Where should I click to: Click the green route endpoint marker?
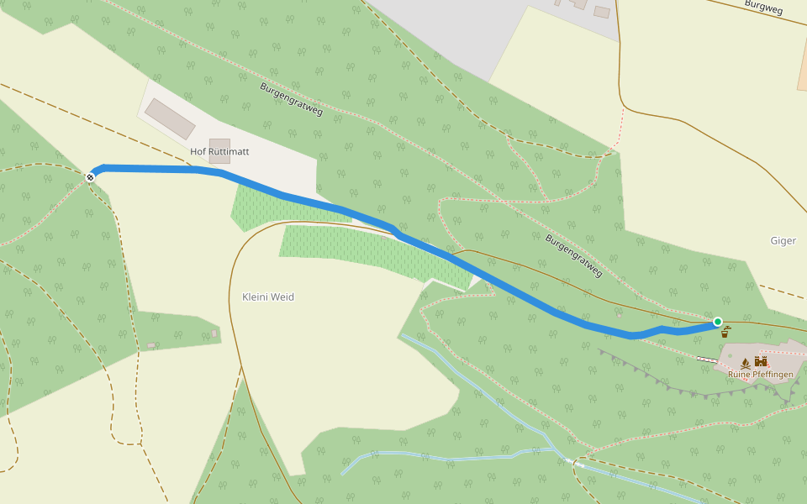pos(718,322)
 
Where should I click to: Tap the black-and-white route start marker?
pos(91,177)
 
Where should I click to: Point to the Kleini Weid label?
pos(268,297)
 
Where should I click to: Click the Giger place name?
pos(783,241)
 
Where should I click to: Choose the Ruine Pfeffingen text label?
pos(760,374)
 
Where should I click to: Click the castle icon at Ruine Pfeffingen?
pos(762,362)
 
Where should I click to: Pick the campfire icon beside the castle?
pos(745,363)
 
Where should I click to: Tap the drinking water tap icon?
pos(727,331)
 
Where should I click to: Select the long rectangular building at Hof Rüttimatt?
pos(170,118)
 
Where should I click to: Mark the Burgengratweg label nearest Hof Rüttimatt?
pos(291,99)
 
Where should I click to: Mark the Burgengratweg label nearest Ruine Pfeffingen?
pos(574,255)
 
